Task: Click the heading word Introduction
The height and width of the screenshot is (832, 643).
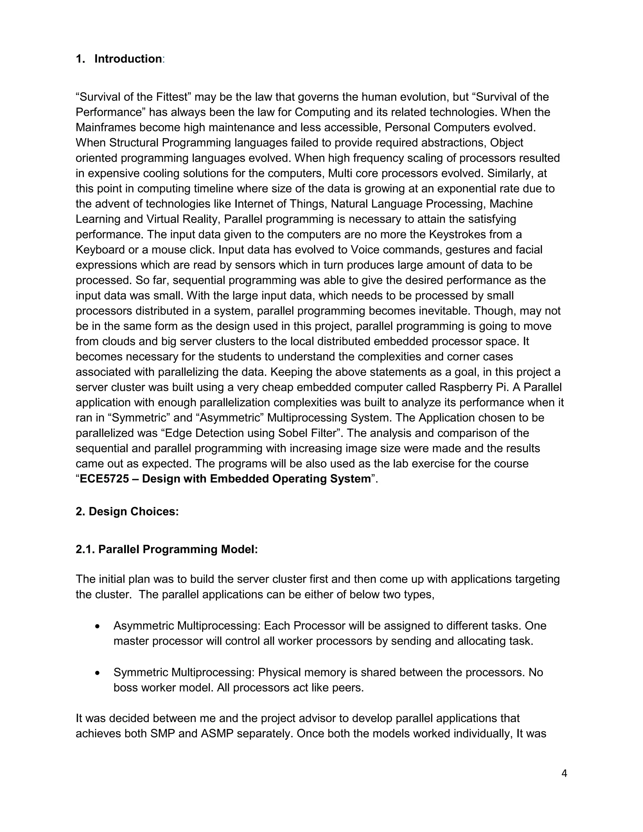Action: [x=128, y=59]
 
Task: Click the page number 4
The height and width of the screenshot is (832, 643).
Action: [x=564, y=773]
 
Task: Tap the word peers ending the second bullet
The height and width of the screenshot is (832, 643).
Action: [x=349, y=688]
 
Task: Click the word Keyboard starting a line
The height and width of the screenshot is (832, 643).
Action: [x=100, y=250]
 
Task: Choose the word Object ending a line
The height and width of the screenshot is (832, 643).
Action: [x=507, y=143]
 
